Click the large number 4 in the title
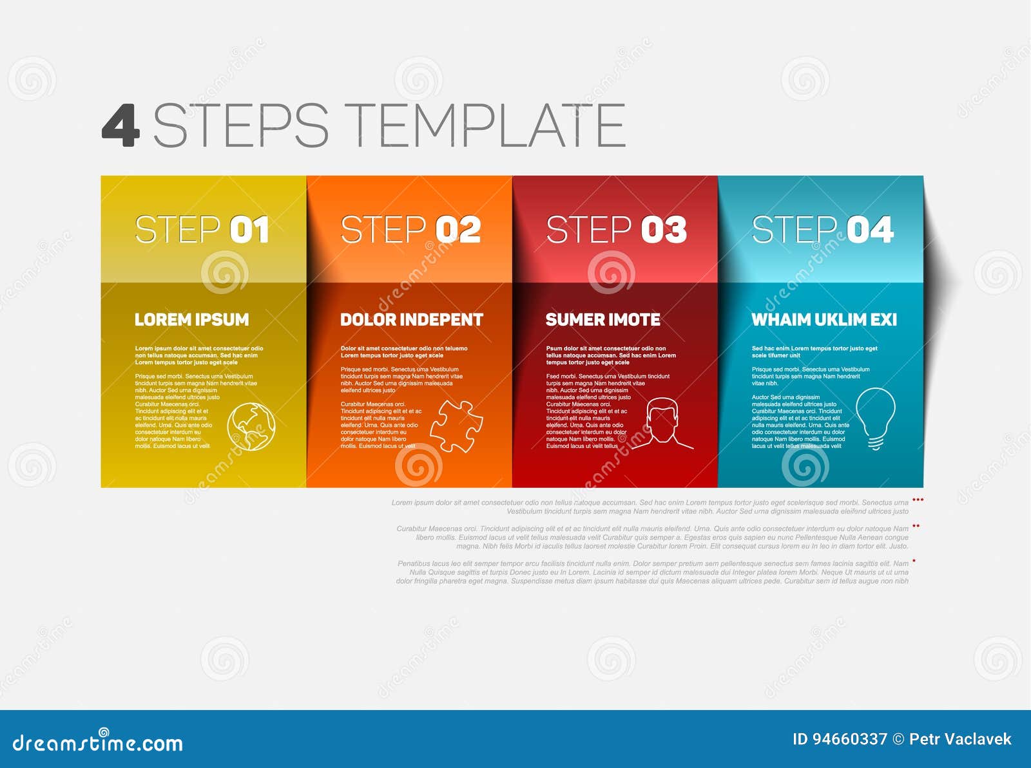pyautogui.click(x=120, y=125)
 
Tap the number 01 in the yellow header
pyautogui.click(x=249, y=230)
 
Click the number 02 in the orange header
pyautogui.click(x=458, y=230)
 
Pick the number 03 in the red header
pyautogui.click(x=664, y=230)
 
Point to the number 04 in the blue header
pyautogui.click(x=870, y=230)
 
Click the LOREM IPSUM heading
pyautogui.click(x=191, y=319)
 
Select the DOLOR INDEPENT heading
pyautogui.click(x=411, y=319)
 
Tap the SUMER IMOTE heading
pyautogui.click(x=602, y=319)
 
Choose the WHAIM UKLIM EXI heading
pyautogui.click(x=824, y=319)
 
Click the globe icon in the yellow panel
pyautogui.click(x=251, y=426)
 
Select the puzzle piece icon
pyautogui.click(x=456, y=426)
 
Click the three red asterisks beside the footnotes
pyautogui.click(x=918, y=500)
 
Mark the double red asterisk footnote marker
pyautogui.click(x=916, y=527)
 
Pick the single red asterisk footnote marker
pyautogui.click(x=914, y=561)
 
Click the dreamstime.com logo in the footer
pyautogui.click(x=98, y=742)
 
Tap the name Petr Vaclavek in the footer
pyautogui.click(x=960, y=739)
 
